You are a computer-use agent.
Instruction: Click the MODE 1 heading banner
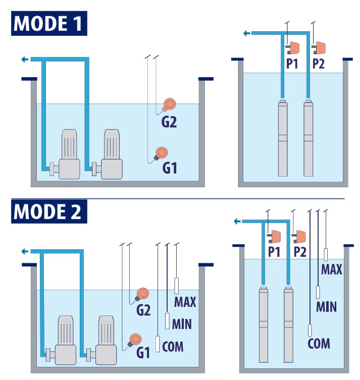pyautogui.click(x=49, y=23)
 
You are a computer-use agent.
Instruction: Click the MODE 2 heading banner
pyautogui.click(x=49, y=211)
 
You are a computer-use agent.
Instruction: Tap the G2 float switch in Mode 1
pyautogui.click(x=169, y=104)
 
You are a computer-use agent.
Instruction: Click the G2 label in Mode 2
pyautogui.click(x=143, y=310)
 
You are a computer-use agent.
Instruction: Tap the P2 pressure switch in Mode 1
pyautogui.click(x=319, y=48)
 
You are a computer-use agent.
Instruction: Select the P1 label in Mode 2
pyautogui.click(x=274, y=252)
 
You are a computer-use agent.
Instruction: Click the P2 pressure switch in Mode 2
pyautogui.click(x=299, y=236)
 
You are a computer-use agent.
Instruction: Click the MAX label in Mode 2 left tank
pyautogui.click(x=185, y=302)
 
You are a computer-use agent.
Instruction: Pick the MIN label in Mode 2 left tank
pyautogui.click(x=181, y=323)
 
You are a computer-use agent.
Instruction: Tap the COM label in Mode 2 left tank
pyautogui.click(x=173, y=347)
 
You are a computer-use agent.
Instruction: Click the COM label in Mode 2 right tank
pyautogui.click(x=319, y=344)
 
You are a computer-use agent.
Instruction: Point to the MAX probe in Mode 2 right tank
pyautogui.click(x=326, y=254)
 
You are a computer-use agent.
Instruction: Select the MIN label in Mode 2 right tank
pyautogui.click(x=326, y=306)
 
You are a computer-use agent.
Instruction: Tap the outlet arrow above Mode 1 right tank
pyautogui.click(x=246, y=33)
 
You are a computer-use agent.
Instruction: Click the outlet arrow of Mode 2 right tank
pyautogui.click(x=237, y=221)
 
